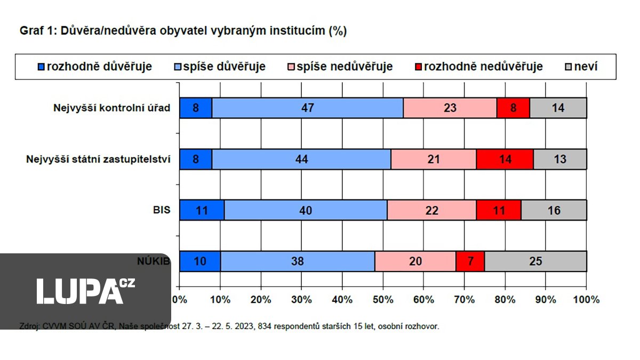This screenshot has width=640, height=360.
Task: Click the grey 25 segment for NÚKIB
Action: (x=535, y=261)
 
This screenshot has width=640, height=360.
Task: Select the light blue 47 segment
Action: (x=307, y=108)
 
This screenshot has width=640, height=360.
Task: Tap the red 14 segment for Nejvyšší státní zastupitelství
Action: (x=505, y=159)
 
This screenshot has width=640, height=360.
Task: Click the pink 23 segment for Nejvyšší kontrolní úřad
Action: (x=450, y=108)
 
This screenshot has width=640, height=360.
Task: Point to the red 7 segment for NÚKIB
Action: (x=470, y=261)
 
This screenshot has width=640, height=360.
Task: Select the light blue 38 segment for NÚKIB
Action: (x=297, y=261)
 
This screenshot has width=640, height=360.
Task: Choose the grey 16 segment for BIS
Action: (x=554, y=210)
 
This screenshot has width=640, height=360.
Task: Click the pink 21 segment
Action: (x=433, y=159)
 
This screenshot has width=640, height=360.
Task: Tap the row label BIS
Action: (x=162, y=210)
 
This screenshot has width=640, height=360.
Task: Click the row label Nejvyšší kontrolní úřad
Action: (x=111, y=108)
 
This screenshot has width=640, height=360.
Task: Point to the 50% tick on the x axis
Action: (x=383, y=299)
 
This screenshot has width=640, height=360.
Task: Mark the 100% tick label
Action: (x=586, y=299)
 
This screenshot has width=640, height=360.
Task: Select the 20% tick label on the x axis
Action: (x=261, y=299)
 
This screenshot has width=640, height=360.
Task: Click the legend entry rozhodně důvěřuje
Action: (x=99, y=67)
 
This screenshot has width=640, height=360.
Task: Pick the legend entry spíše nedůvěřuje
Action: (x=344, y=67)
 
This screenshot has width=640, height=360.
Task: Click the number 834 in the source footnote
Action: (x=264, y=326)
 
